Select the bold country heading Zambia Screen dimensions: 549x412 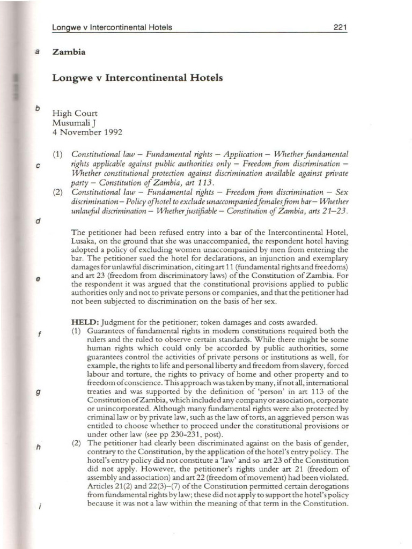(68, 52)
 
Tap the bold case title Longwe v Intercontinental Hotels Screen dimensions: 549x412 (137, 78)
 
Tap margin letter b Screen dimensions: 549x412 (38, 108)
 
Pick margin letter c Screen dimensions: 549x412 (38, 166)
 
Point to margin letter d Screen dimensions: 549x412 (38, 221)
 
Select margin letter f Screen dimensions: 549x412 (38, 335)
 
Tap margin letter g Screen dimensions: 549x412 (38, 392)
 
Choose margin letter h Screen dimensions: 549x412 (38, 448)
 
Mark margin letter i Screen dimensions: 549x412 (38, 506)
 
